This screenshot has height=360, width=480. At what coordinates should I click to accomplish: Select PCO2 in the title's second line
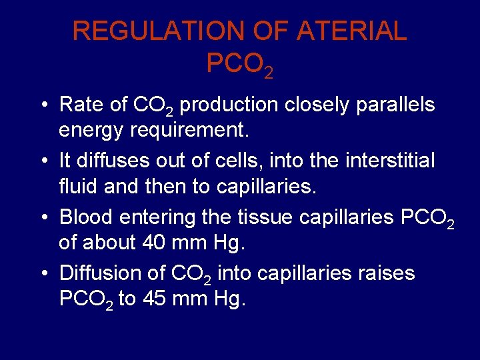pyautogui.click(x=239, y=64)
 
